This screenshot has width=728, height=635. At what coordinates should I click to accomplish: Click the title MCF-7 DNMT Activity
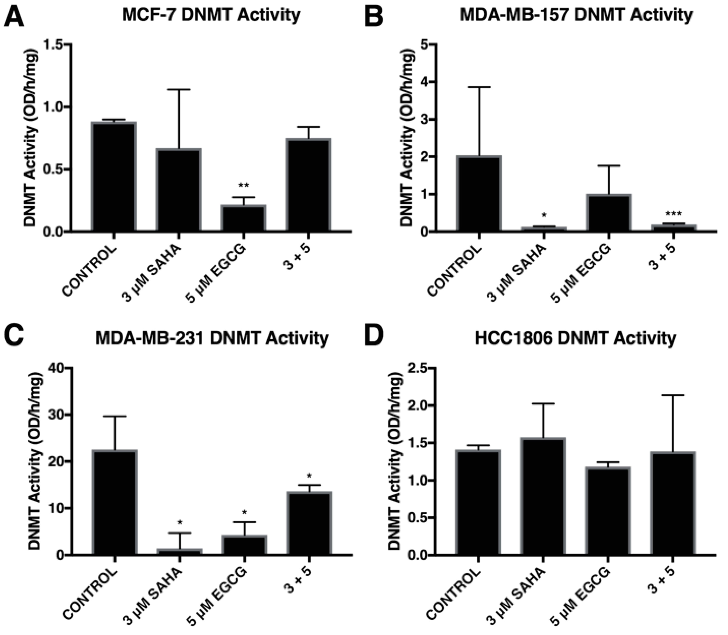[211, 15]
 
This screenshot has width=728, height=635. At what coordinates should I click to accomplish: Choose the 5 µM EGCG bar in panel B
[608, 213]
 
